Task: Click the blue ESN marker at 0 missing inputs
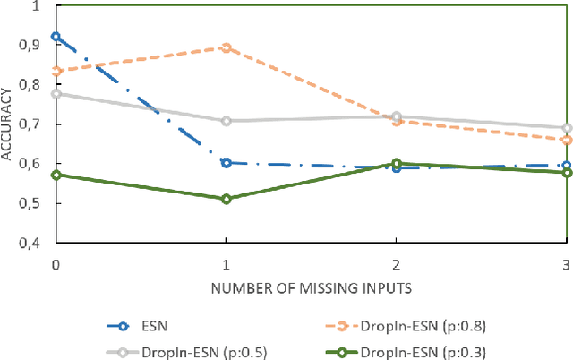coord(56,37)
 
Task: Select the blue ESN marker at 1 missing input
coord(226,162)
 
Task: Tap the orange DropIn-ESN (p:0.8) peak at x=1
coord(226,47)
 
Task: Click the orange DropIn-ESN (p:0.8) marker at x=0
coord(56,71)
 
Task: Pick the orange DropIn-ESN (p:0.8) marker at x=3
coord(566,140)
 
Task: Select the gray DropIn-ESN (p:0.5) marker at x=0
coord(56,93)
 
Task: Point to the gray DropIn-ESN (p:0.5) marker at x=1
coord(226,121)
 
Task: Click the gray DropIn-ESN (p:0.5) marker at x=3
coord(566,128)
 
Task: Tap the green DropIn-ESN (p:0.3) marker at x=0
coord(56,175)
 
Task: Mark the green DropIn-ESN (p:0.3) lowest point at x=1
coord(226,199)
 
